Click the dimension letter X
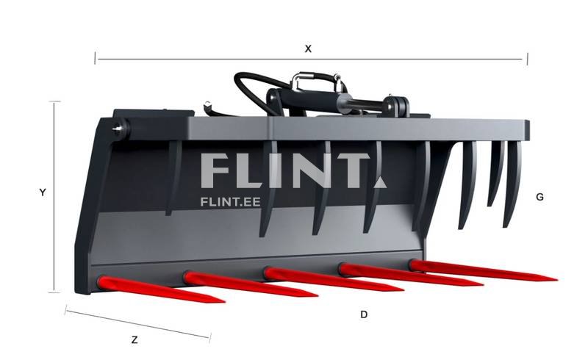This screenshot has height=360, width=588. point(308,48)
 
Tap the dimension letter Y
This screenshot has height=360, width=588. point(43,192)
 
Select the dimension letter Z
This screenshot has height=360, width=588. point(135,340)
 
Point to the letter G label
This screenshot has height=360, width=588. point(539,197)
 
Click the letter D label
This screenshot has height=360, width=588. point(364,314)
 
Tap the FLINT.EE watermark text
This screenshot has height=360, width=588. point(230,202)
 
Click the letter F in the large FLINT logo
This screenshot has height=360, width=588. point(215,171)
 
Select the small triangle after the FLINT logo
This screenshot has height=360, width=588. point(380,182)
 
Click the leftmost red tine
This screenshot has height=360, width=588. point(161,289)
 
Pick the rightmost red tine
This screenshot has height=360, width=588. point(483,271)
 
